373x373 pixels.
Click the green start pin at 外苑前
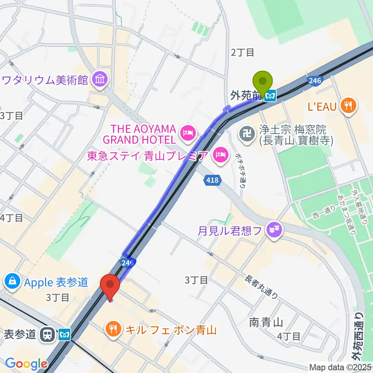tap(263, 82)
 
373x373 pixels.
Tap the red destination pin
tap(110, 286)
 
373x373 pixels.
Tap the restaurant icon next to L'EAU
tap(348, 105)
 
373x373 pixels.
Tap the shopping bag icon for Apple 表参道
tap(13, 282)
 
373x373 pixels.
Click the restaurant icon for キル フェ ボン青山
tap(113, 330)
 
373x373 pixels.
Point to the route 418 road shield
tap(213, 180)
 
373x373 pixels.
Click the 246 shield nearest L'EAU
tap(315, 80)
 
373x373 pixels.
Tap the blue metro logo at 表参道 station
tap(65, 334)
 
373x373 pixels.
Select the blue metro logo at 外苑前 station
tap(270, 96)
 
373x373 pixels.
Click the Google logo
tap(26, 364)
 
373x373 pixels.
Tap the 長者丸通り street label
tap(262, 287)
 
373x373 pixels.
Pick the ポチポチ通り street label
tap(240, 170)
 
